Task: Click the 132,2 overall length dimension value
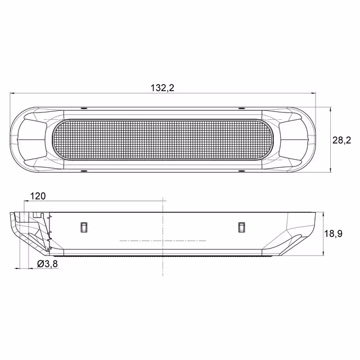163,88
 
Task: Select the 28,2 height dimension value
341,140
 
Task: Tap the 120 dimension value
38,196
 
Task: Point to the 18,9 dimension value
333,233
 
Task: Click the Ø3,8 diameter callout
47,264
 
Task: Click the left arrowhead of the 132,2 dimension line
12,93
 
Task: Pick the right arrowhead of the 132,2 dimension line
313,93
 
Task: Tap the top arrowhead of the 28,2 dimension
331,110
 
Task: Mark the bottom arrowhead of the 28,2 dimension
331,170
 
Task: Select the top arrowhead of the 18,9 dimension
323,215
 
